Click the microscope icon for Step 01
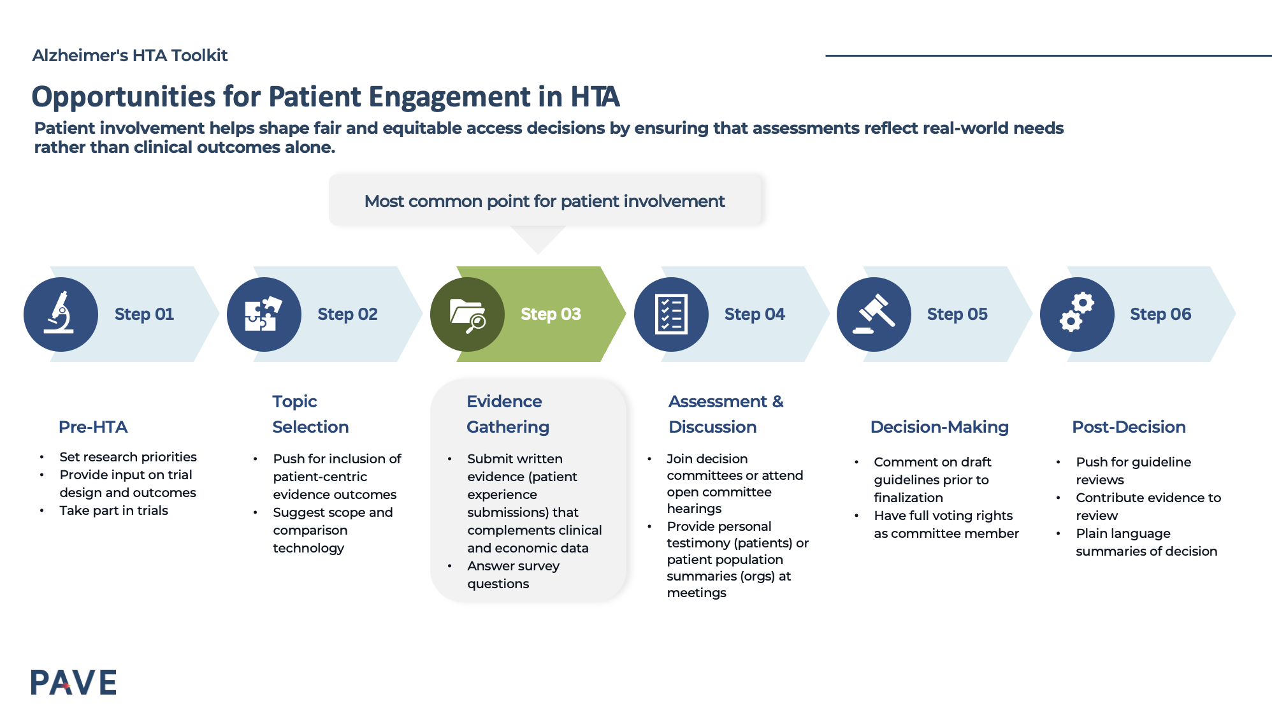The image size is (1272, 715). coord(60,314)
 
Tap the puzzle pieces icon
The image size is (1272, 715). coord(263,314)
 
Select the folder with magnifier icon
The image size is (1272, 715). coord(467,314)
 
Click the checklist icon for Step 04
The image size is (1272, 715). coord(670,314)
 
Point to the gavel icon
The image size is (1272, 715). coord(874,314)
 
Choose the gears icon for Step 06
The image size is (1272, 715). coord(1076,314)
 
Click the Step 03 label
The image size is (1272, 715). coord(551,314)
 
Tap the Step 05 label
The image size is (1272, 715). coord(957,314)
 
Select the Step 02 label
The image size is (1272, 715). coord(347,314)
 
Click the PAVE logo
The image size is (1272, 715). coord(73,682)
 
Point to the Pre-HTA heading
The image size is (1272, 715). coord(93,427)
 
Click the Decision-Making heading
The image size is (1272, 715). coord(939,427)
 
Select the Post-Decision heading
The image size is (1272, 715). coord(1128,427)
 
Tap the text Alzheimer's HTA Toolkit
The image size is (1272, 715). coord(130,55)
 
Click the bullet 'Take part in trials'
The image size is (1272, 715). coord(113,510)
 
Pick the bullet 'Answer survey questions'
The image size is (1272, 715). coord(512,575)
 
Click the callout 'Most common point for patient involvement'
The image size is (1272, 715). coord(544,201)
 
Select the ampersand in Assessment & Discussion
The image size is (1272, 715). coord(777,401)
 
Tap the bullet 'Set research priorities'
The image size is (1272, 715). coord(127,457)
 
